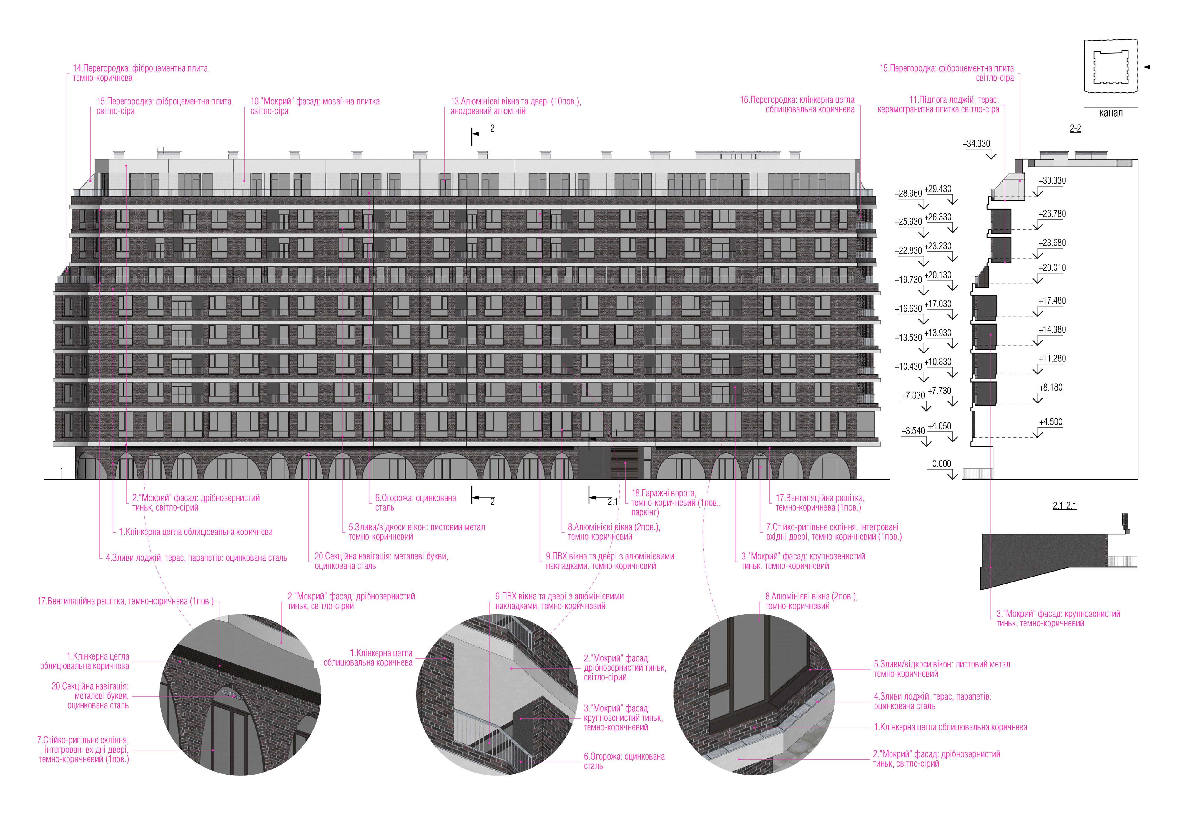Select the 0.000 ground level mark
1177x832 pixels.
tap(941, 464)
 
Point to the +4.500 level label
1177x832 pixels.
tap(1050, 422)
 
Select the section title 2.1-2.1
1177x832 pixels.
tap(1064, 506)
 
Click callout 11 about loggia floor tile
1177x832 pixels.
tap(938, 104)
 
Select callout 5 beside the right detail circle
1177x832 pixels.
tap(941, 669)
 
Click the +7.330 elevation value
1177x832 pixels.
tap(913, 396)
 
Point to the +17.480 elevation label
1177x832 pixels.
tap(1052, 301)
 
